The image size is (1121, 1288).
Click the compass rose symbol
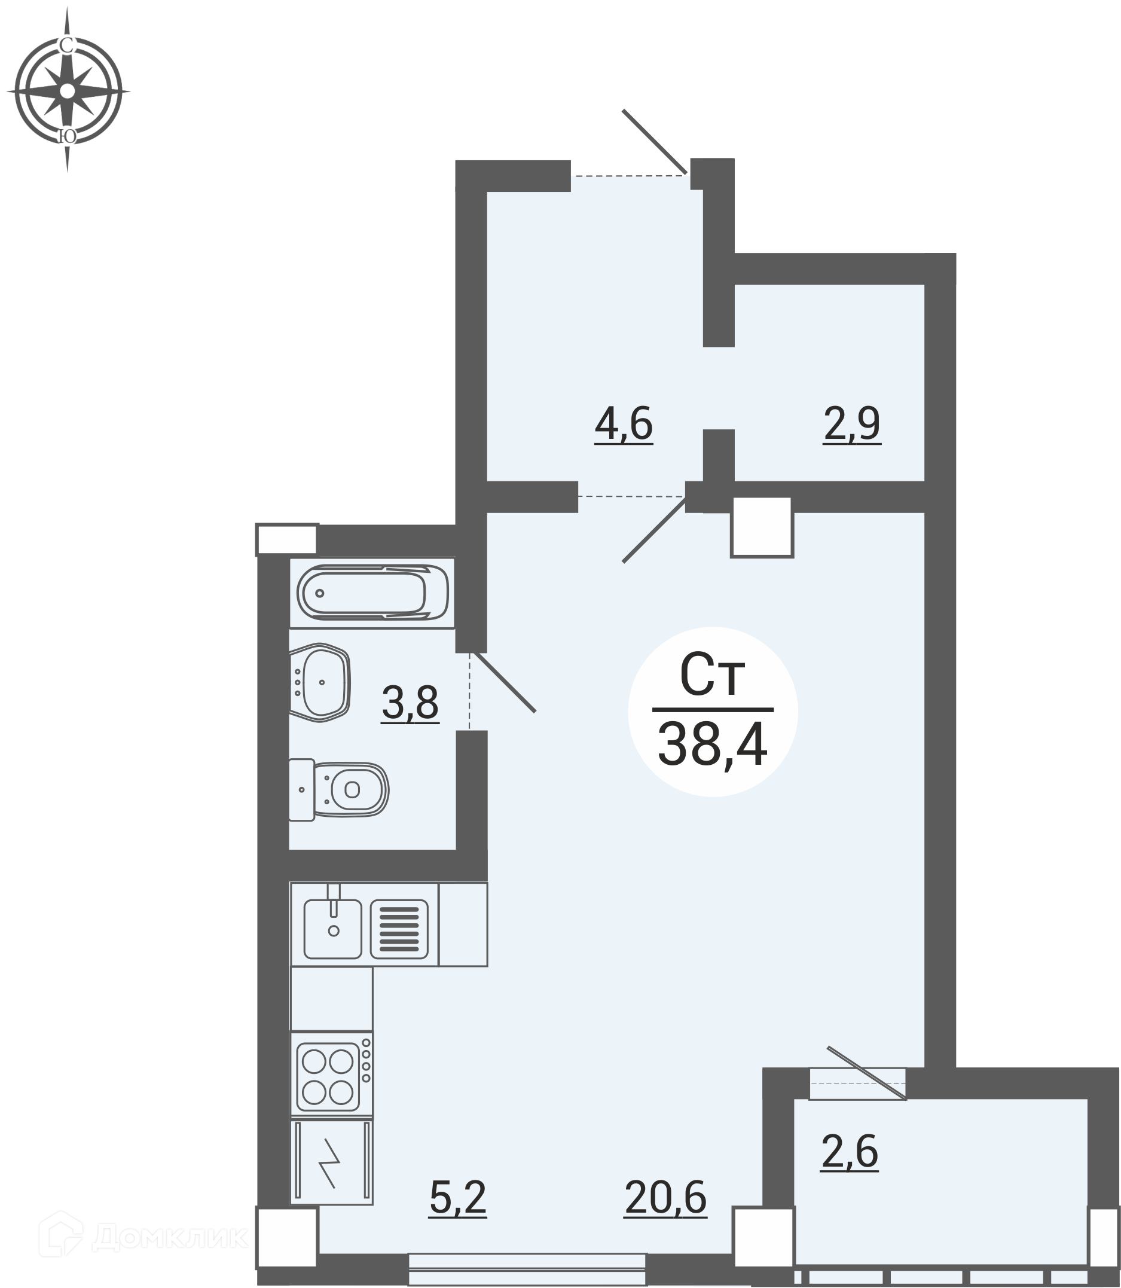pos(68,91)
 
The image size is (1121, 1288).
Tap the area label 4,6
pos(624,424)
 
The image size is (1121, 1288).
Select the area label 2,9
pos(852,424)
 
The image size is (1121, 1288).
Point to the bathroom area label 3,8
pos(410,703)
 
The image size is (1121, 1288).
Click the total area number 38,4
pos(713,744)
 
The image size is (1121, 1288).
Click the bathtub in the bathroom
pos(373,593)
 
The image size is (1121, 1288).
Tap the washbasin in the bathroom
pos(319,682)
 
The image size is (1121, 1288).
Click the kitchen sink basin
pos(333,929)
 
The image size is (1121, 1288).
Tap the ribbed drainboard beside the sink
pos(399,929)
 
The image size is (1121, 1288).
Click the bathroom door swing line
pos(504,682)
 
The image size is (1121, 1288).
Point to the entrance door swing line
pos(654,142)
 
